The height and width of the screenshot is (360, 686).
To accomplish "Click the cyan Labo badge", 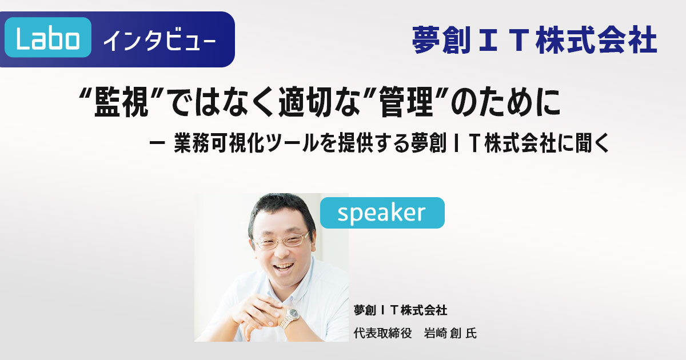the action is tap(48, 37).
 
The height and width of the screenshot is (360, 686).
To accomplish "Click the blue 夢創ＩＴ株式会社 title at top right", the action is tap(534, 40).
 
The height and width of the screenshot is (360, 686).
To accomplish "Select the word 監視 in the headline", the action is tap(122, 102).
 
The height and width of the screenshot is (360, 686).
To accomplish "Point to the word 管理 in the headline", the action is tap(406, 102).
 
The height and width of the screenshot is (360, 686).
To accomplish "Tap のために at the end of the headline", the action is tap(505, 102).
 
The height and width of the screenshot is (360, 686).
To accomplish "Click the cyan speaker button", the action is tap(382, 213).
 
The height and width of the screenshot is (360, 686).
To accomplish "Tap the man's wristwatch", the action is tap(291, 316).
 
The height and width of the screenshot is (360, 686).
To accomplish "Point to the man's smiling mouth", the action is tap(284, 266).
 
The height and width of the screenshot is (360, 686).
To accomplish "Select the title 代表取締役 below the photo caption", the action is tap(382, 333).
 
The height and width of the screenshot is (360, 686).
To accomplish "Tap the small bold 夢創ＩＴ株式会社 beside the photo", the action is tap(400, 310).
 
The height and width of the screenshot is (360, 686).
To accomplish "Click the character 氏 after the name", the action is tap(471, 333).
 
